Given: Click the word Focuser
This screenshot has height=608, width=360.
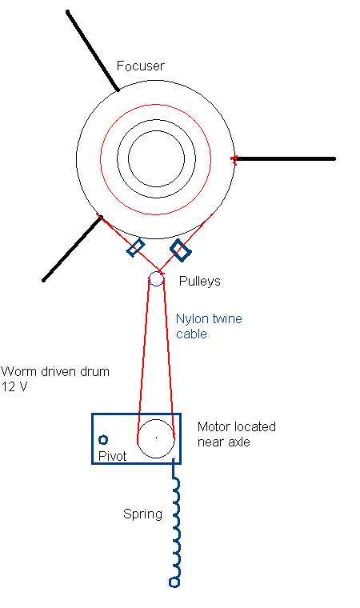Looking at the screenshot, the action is [141, 66].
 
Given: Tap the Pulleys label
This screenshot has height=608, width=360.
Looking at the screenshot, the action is [199, 281].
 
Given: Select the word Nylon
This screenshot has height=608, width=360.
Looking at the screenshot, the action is [193, 319].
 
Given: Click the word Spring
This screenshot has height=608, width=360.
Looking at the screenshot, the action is [142, 514].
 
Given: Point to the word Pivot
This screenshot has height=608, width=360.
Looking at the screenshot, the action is [113, 456].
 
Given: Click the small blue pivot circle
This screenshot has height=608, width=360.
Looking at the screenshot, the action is [103, 440].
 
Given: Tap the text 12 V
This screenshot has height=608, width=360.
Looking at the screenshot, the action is [14, 386].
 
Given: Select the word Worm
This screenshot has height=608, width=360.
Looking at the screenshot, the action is [16, 371].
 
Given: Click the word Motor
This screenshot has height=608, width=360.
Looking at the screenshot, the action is [214, 426].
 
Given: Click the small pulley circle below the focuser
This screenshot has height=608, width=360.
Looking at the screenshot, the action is [156, 278].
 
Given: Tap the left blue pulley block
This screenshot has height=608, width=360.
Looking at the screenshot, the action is [136, 247].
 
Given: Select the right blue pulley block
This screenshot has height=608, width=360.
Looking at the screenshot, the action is [181, 250].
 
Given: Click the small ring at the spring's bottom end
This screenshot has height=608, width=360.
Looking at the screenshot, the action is [174, 582].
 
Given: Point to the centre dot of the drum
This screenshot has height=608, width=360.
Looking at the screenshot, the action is [156, 438].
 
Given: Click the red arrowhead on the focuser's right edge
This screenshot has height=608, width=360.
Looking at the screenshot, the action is [234, 159].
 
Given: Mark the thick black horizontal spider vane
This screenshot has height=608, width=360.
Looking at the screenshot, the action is [285, 158].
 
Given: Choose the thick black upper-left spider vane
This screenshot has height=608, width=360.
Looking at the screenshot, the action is [92, 50].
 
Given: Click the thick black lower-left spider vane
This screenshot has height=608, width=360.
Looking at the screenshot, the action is [72, 248].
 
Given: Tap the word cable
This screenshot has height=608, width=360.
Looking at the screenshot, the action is [191, 334].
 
